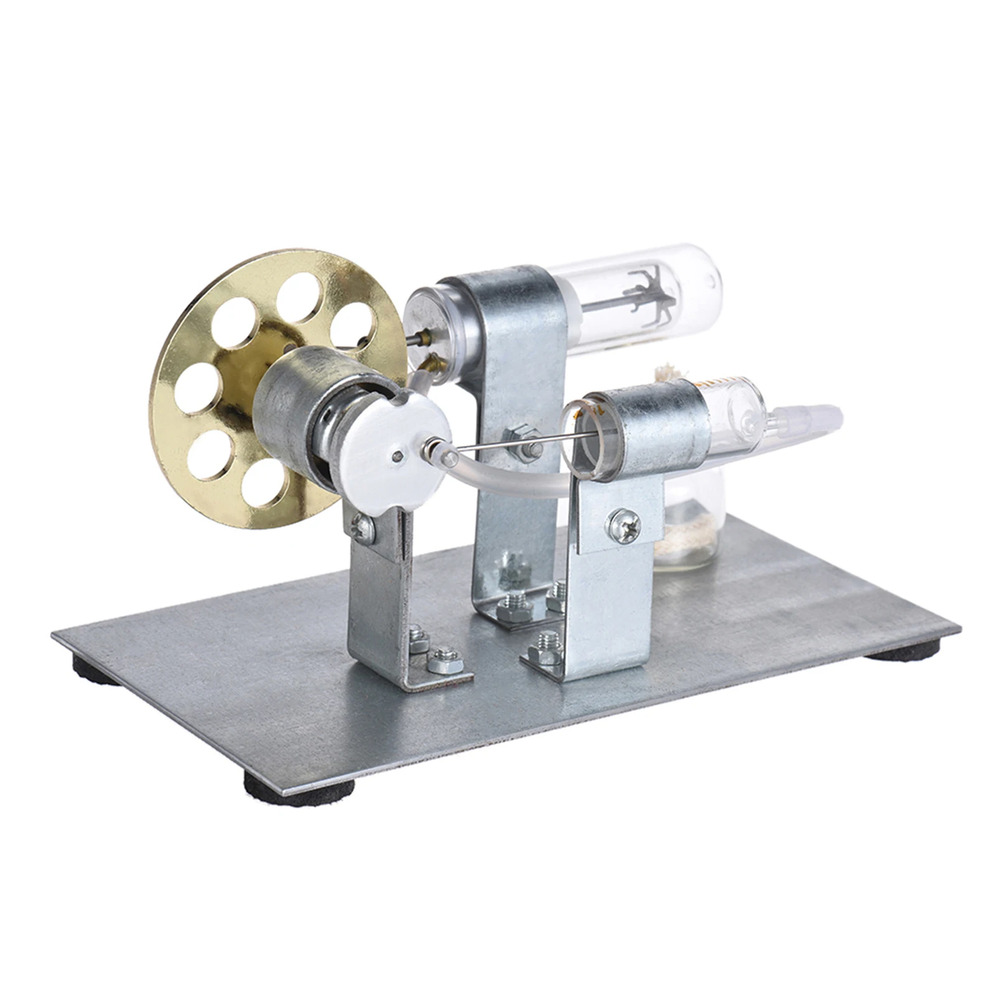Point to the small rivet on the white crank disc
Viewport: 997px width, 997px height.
(397, 457)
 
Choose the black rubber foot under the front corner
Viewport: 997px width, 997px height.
(299, 786)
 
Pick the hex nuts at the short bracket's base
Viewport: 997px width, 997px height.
(436, 651)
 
